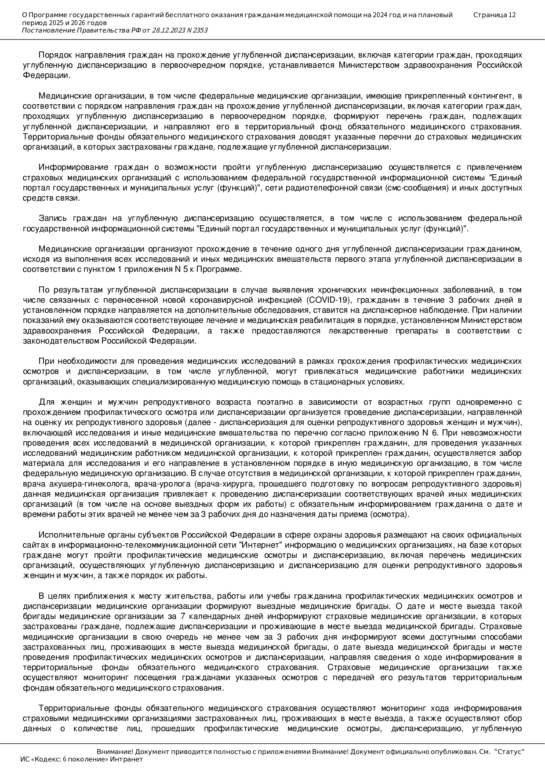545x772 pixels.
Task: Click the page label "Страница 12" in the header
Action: pyautogui.click(x=494, y=15)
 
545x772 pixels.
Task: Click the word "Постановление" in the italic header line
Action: pyautogui.click(x=48, y=30)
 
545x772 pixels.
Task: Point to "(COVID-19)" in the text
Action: pyautogui.click(x=327, y=300)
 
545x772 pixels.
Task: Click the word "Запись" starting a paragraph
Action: pyautogui.click(x=51, y=219)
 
